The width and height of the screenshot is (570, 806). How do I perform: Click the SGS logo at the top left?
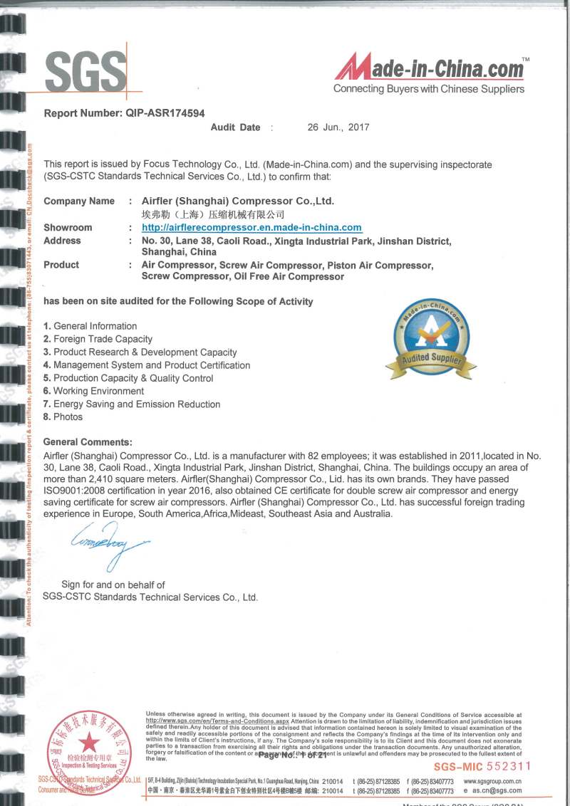[x=85, y=71]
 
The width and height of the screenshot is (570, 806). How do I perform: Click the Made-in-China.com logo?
[x=430, y=69]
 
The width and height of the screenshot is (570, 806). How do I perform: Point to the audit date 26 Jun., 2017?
[x=338, y=127]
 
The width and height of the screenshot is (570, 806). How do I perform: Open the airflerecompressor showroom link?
[x=252, y=228]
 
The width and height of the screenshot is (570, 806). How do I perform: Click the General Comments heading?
[x=88, y=442]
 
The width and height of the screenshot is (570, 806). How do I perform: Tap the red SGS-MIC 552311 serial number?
[x=482, y=766]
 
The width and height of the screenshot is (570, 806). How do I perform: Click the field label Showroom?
[x=68, y=228]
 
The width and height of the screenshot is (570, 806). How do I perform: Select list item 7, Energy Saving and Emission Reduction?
[x=132, y=404]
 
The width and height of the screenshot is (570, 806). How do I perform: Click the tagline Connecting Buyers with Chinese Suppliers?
[x=428, y=89]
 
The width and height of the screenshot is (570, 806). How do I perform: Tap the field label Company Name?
[x=78, y=201]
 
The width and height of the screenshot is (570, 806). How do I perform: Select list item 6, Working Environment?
[x=93, y=391]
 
